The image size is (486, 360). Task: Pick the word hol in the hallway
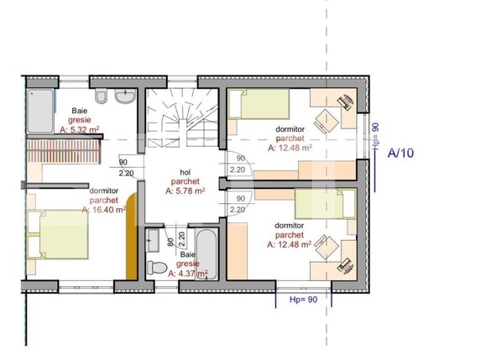click(184, 169)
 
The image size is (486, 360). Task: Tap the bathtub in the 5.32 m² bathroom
click(39, 112)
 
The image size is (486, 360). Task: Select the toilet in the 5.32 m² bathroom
click(100, 99)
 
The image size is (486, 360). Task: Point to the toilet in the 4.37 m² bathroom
click(155, 268)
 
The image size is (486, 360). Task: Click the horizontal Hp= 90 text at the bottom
click(301, 299)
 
